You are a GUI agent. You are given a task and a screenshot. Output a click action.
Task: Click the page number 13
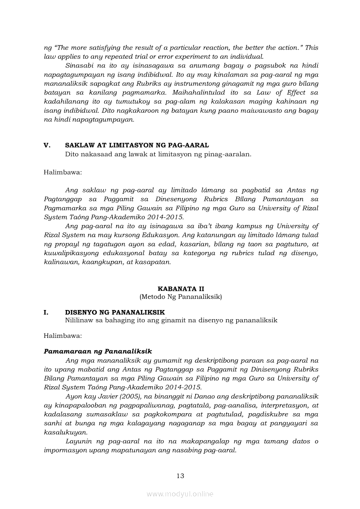pos(180,475)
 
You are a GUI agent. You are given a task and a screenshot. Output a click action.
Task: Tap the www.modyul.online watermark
pos(180,494)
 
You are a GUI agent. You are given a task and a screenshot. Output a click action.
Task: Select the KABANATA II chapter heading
pos(180,289)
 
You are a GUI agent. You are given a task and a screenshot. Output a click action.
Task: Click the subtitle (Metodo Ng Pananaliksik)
pos(180,297)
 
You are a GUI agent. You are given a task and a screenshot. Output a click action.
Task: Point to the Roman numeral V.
pos(48,145)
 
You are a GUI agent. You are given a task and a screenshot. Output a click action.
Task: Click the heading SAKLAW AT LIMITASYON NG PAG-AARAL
pos(137,145)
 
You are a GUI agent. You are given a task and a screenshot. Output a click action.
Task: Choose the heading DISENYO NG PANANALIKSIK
pos(115,312)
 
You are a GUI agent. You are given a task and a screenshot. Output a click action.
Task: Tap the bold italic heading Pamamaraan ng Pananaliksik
pos(98,351)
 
